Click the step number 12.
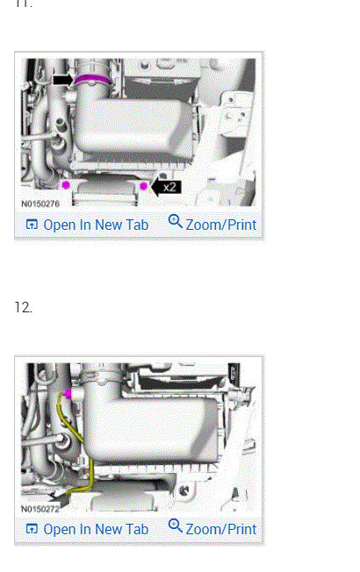click(x=23, y=307)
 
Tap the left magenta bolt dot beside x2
click(x=67, y=184)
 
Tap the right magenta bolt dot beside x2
click(x=143, y=185)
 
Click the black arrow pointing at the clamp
click(x=62, y=79)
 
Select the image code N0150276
click(x=41, y=204)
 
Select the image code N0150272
click(x=41, y=508)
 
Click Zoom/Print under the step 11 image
click(x=220, y=225)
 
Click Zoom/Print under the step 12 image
click(x=220, y=529)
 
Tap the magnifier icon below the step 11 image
click(x=175, y=222)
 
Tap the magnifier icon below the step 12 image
click(x=175, y=526)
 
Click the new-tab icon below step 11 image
click(x=32, y=225)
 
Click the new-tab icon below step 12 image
click(x=32, y=530)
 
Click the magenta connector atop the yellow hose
click(x=68, y=392)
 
